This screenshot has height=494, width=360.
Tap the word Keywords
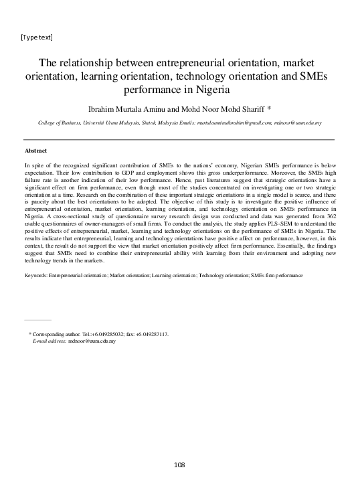(x=35, y=275)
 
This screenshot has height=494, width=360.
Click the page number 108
(x=179, y=465)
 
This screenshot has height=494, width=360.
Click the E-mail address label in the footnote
(x=50, y=341)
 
